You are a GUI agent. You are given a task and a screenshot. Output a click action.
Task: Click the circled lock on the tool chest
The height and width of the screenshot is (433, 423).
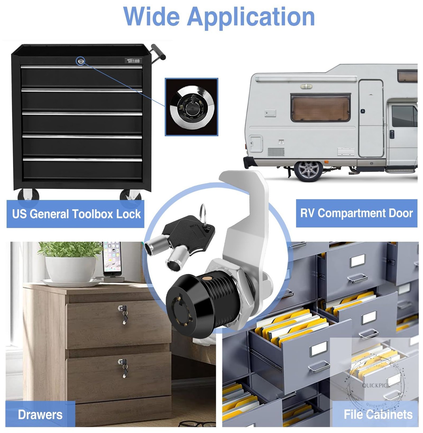pyautogui.click(x=81, y=61)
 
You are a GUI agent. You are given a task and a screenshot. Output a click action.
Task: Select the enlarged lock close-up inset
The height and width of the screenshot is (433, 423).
pyautogui.click(x=191, y=107)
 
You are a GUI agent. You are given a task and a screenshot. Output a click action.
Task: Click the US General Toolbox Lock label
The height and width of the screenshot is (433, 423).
pyautogui.click(x=76, y=214)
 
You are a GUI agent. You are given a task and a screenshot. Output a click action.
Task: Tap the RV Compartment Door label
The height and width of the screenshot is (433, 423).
pyautogui.click(x=356, y=213)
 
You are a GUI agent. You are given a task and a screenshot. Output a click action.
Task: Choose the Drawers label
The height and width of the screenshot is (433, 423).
pyautogui.click(x=40, y=414)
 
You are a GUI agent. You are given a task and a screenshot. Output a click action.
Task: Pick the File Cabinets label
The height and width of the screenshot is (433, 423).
pyautogui.click(x=378, y=414)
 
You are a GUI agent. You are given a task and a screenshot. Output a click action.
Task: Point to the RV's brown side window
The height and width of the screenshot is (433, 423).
pyautogui.click(x=320, y=108)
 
